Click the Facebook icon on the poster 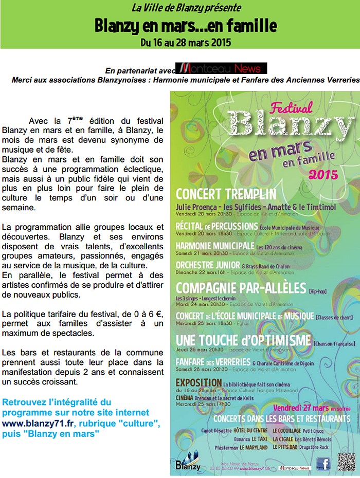pos(322,464)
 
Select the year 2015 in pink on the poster pos(323,174)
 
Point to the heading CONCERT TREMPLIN pos(226,194)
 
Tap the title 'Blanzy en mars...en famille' pos(186,25)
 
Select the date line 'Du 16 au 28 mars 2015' pos(186,42)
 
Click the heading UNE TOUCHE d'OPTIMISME pos(243,340)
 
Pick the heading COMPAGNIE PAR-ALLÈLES pos(241,287)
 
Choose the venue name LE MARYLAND pos(254,448)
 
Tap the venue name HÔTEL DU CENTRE pos(250,430)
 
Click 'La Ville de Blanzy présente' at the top pos(186,8)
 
